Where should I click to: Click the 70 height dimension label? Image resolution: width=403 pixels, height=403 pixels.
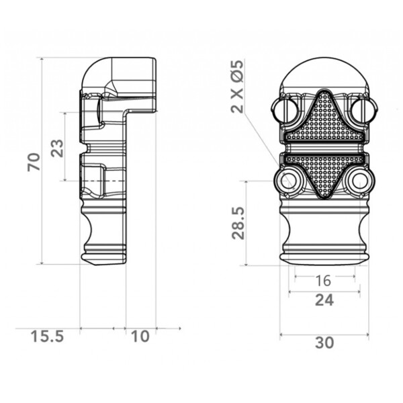34,162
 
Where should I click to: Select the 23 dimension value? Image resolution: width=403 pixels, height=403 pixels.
57,148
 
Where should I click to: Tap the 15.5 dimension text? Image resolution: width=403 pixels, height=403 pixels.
47,337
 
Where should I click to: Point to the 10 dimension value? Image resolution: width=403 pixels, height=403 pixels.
140,337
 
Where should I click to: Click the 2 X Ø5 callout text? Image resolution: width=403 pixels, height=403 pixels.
236,87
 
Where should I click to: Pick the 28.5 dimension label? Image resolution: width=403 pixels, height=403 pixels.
238,222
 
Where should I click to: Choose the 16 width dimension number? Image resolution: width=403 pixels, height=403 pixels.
323,281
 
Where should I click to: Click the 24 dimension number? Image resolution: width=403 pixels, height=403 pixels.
324,300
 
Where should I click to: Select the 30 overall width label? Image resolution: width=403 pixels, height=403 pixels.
324,343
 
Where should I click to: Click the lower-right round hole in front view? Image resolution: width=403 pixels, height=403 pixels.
359,181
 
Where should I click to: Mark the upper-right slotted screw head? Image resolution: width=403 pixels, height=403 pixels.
363,109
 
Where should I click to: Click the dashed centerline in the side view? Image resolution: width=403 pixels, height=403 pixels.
102,181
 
